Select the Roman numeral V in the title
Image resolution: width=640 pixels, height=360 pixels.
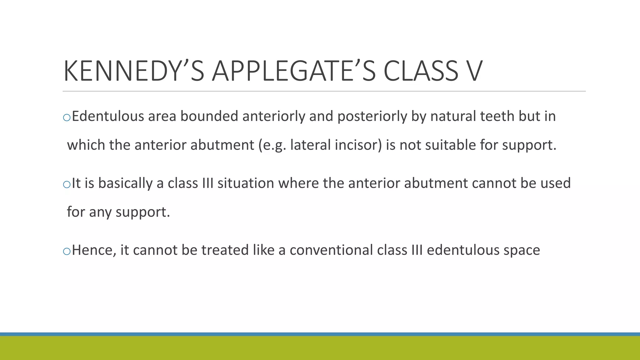click(471, 71)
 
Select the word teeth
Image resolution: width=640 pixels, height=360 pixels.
click(497, 116)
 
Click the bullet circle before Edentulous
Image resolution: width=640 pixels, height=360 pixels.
click(67, 118)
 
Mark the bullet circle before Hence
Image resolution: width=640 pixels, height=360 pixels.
click(67, 252)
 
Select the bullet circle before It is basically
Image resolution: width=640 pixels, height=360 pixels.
click(67, 185)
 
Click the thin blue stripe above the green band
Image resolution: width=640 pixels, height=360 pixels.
click(320, 334)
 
